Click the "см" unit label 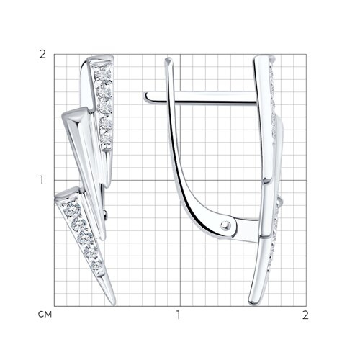point(45,315)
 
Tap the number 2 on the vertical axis point(42,55)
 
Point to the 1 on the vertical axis point(42,180)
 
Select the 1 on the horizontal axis point(178,315)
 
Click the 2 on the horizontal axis point(305,315)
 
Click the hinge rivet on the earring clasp point(225,225)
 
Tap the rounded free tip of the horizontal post point(145,97)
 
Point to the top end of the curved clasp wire point(168,60)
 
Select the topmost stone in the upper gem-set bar point(103,75)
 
